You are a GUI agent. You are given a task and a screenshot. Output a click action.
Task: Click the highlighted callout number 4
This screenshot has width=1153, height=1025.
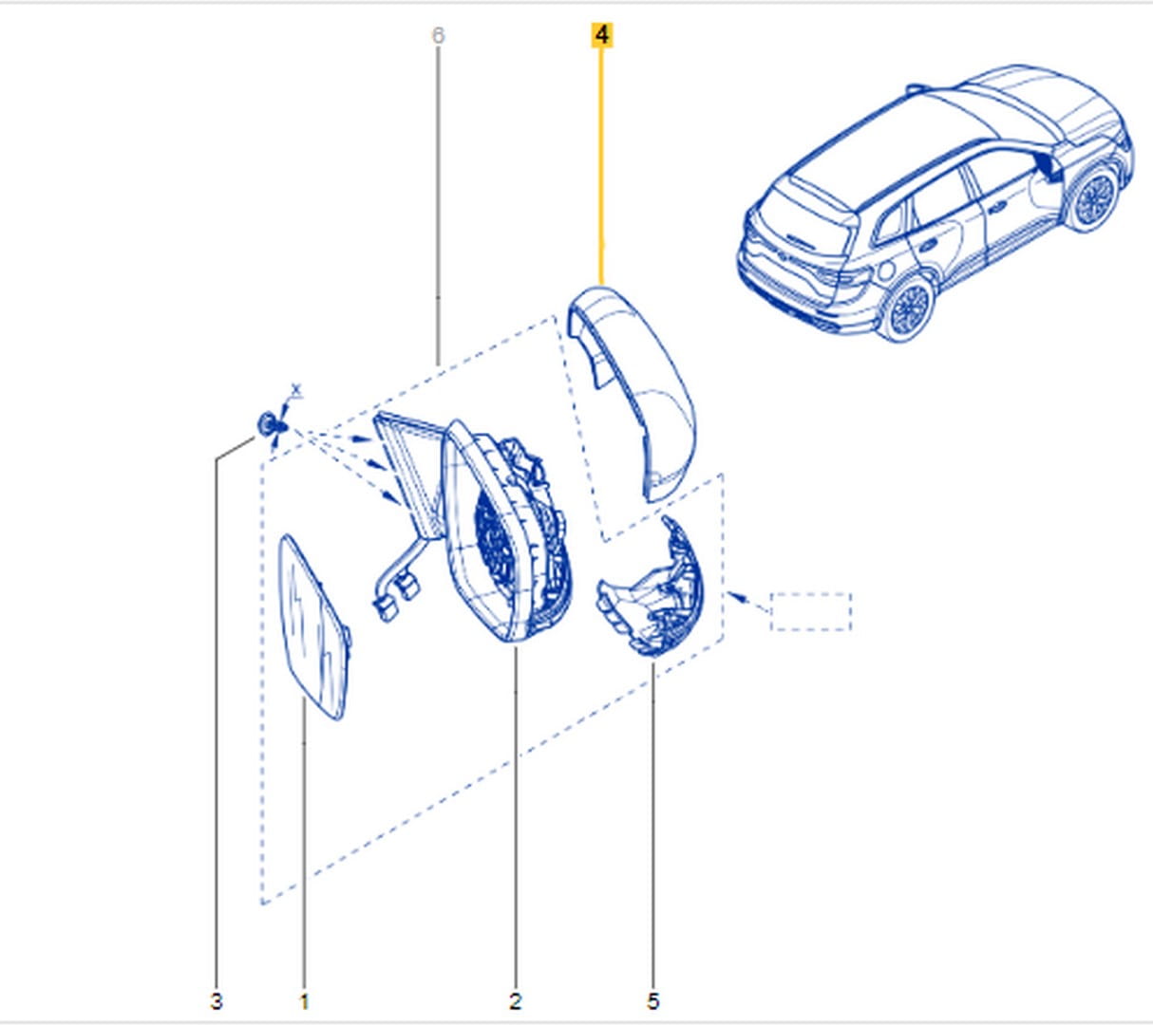pyautogui.click(x=602, y=35)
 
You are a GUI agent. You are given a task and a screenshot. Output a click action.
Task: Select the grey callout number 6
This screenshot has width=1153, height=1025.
pyautogui.click(x=438, y=35)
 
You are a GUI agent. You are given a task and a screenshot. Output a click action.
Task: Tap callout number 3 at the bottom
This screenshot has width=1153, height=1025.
pyautogui.click(x=217, y=1001)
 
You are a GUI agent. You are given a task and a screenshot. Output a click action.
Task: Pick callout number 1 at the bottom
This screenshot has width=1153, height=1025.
pyautogui.click(x=305, y=1001)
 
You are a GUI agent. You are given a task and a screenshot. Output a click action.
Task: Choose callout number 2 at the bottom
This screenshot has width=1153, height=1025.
pyautogui.click(x=516, y=1001)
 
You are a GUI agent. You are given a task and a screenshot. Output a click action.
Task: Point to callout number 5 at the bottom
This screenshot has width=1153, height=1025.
pyautogui.click(x=653, y=1001)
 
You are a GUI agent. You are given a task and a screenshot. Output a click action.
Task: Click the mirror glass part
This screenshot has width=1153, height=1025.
pyautogui.click(x=313, y=626)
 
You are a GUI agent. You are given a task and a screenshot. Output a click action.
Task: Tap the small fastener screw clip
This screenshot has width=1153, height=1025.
pyautogui.click(x=272, y=424)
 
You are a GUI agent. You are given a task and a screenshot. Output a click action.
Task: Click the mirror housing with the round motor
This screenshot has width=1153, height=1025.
pyautogui.click(x=506, y=531)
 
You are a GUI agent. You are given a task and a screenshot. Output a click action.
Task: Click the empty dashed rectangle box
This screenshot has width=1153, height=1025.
pyautogui.click(x=811, y=611)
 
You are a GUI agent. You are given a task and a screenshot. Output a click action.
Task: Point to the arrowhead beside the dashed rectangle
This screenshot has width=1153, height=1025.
pyautogui.click(x=737, y=597)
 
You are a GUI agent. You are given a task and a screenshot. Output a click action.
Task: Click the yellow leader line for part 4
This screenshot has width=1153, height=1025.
pyautogui.click(x=601, y=166)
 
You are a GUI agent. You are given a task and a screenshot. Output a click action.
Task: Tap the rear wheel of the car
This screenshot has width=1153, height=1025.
pyautogui.click(x=907, y=308)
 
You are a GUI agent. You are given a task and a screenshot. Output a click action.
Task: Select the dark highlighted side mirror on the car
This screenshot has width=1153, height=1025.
pyautogui.click(x=1048, y=166)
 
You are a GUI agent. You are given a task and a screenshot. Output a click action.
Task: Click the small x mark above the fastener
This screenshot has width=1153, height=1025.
pyautogui.click(x=296, y=390)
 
